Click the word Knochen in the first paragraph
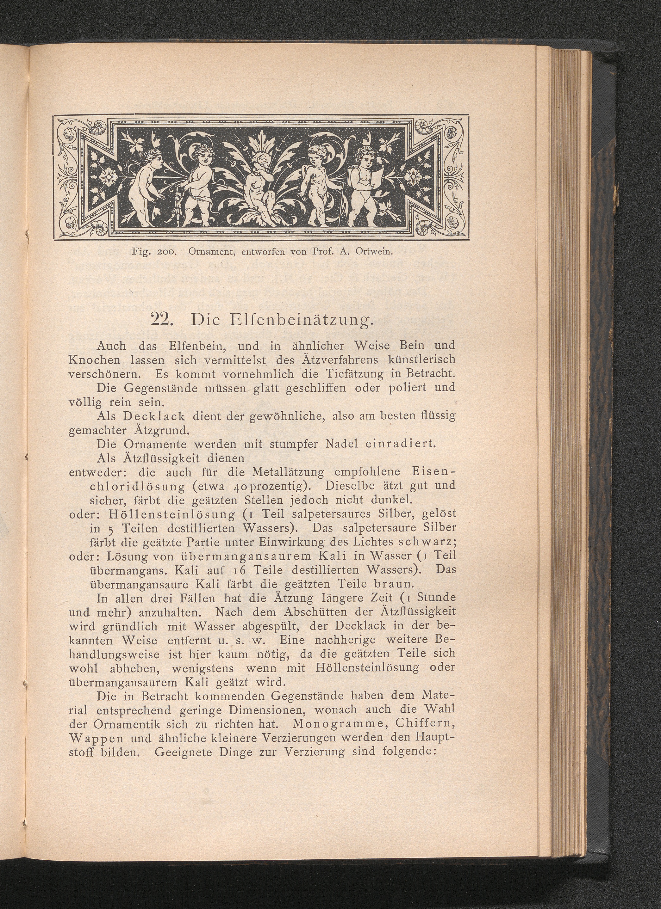coord(95,359)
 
